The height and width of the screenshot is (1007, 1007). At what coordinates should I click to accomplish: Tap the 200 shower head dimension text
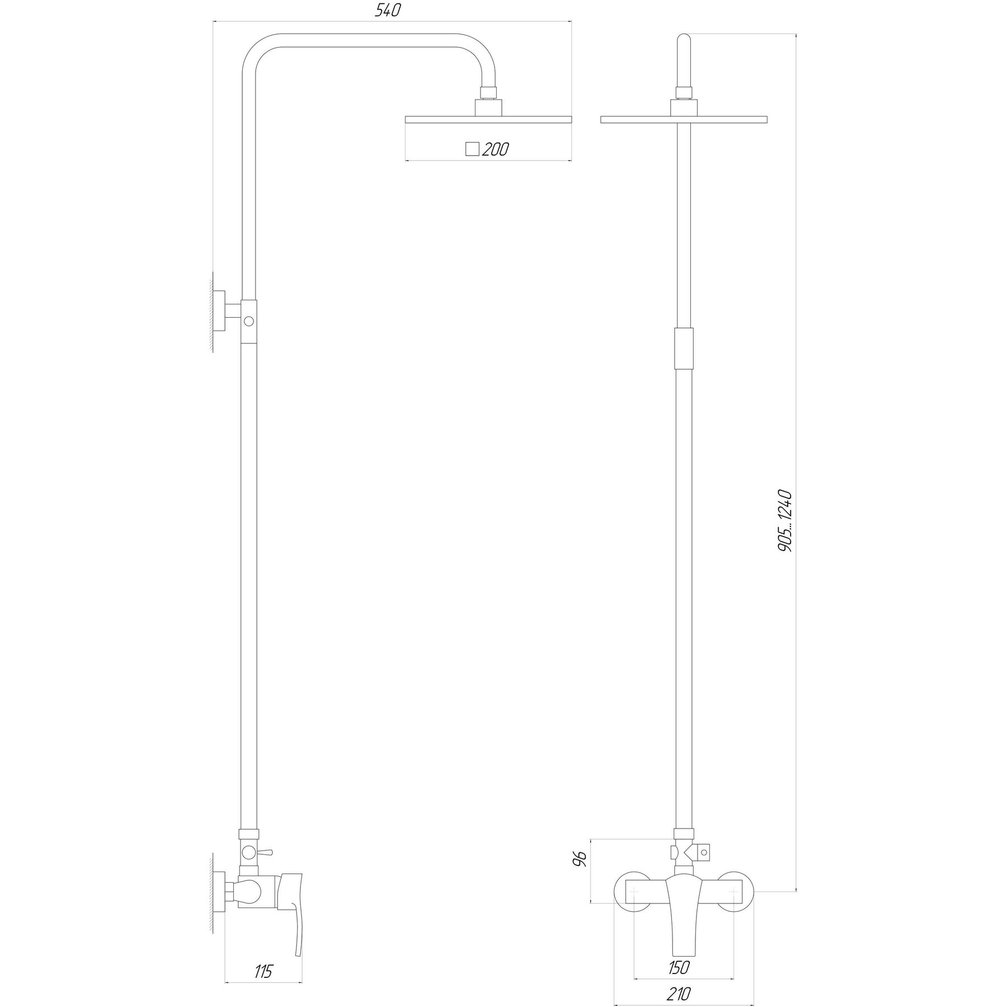coord(495,149)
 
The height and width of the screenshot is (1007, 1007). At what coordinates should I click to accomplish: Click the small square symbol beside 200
coord(473,149)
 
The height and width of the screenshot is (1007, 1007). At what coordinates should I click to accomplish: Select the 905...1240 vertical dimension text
coord(785,521)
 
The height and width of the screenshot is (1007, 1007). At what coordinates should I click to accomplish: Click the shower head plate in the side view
coord(488,120)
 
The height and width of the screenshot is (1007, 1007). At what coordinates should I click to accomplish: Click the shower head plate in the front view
coord(683,120)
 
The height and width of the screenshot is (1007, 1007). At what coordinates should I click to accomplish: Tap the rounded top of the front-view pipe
coord(684,42)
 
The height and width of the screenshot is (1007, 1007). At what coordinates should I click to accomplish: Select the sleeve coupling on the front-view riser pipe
coord(684,349)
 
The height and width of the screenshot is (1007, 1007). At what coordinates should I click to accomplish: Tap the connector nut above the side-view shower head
coord(490,93)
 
